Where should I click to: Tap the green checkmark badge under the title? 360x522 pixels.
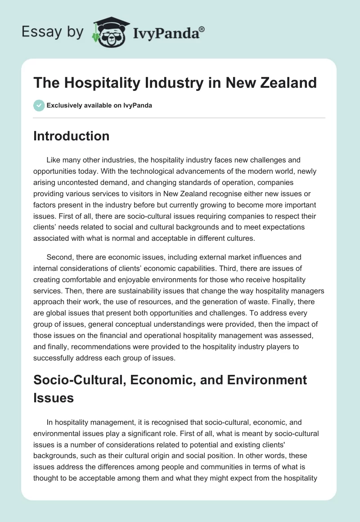[39, 105]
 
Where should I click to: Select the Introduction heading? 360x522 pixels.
[71, 136]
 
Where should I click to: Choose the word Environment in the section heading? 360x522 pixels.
[259, 380]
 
